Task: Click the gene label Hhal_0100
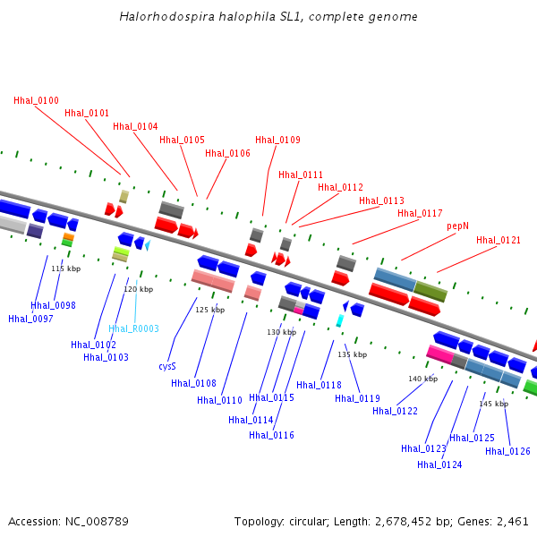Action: [x=36, y=100]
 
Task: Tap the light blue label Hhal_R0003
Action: [x=133, y=329]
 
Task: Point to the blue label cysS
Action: [x=167, y=366]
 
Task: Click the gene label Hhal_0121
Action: [x=499, y=241]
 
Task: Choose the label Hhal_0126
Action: [x=507, y=451]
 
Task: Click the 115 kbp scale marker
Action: [x=65, y=268]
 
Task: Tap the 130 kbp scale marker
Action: [x=281, y=332]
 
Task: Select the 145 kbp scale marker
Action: [x=493, y=404]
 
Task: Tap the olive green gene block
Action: [x=430, y=291]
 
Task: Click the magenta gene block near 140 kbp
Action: [x=439, y=354]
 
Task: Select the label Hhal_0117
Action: [x=420, y=213]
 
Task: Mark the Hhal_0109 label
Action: [x=277, y=140]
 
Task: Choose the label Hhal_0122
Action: [x=395, y=411]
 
